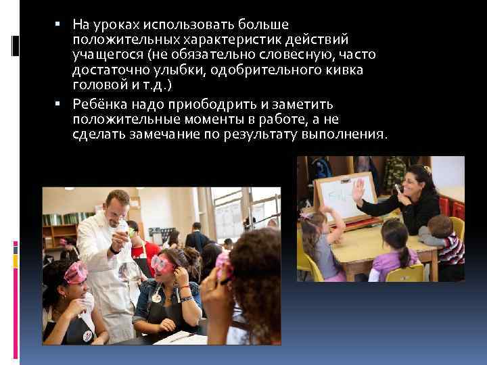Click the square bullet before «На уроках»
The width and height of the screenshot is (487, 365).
[60, 24]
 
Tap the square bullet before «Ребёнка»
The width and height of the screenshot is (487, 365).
[60, 104]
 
